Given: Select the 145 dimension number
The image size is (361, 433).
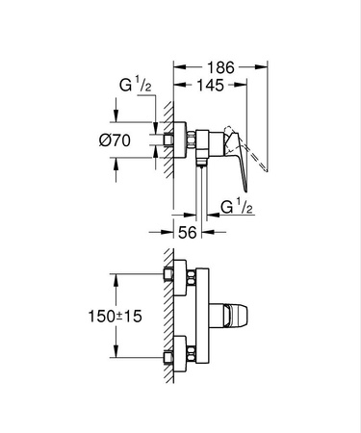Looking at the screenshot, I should pyautogui.click(x=211, y=87).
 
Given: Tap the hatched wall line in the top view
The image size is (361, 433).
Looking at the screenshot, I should pyautogui.click(x=165, y=144).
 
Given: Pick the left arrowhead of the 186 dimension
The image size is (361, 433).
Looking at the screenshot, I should pyautogui.click(x=176, y=68).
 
